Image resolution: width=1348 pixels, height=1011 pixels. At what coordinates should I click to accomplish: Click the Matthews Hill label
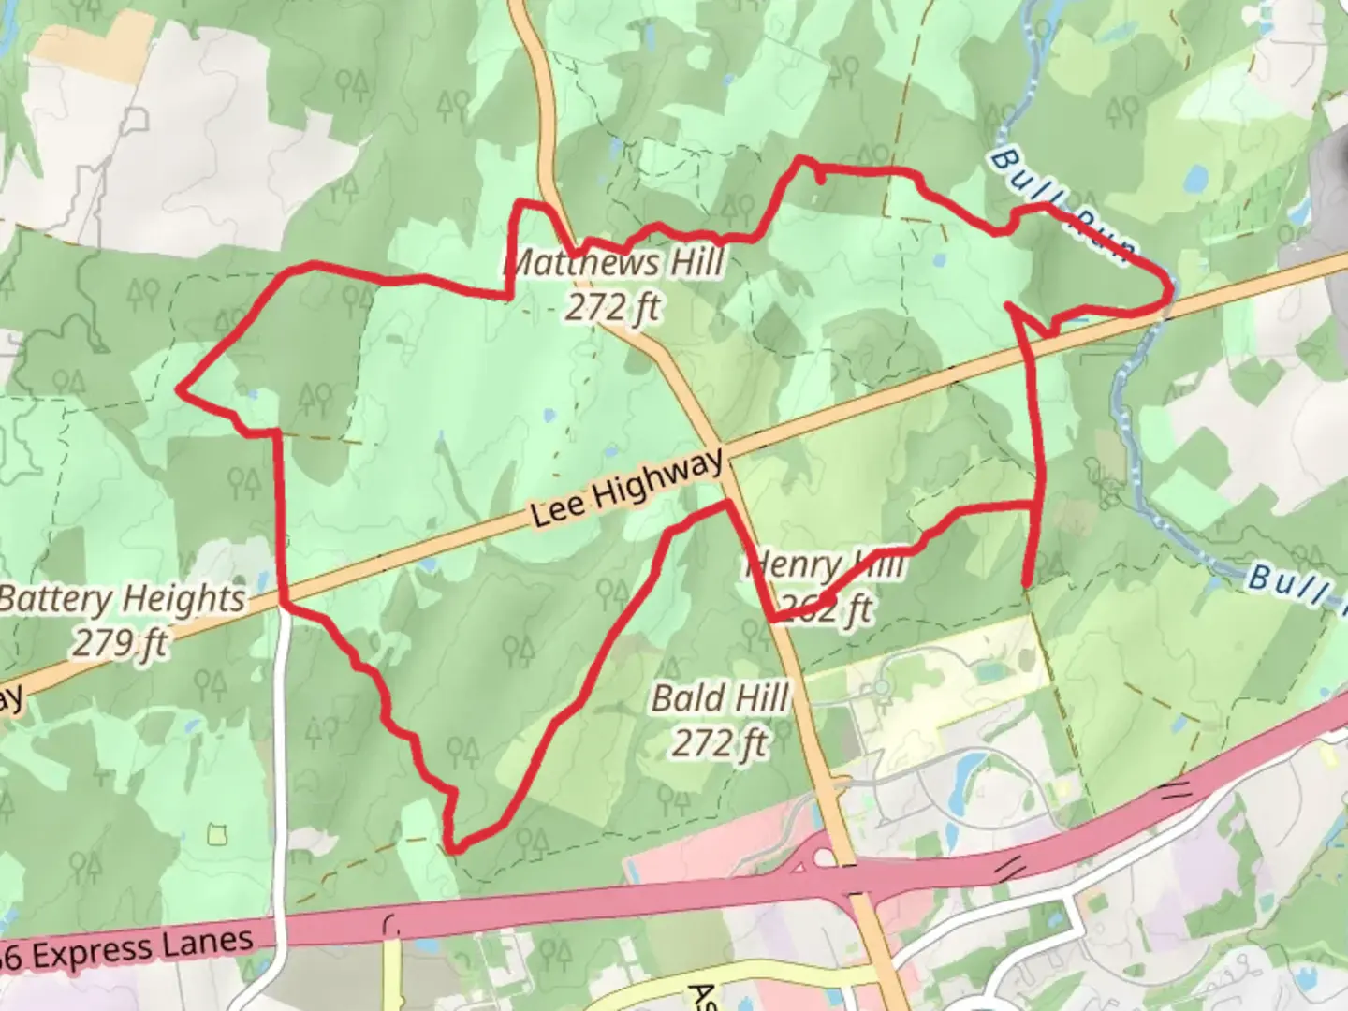(613, 263)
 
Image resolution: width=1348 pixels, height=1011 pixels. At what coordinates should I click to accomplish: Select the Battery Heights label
(123, 599)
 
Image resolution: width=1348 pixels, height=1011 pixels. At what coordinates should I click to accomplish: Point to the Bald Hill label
(720, 698)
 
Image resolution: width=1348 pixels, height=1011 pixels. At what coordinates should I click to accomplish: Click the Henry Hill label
(826, 565)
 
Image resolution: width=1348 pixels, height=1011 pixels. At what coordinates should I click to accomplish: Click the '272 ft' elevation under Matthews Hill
(613, 306)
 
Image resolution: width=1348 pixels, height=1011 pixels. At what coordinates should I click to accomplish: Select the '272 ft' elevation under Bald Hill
(720, 743)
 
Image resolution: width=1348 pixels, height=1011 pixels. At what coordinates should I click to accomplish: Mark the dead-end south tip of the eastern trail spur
(1028, 585)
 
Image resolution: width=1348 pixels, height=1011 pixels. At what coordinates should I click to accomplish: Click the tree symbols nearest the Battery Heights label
(244, 484)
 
